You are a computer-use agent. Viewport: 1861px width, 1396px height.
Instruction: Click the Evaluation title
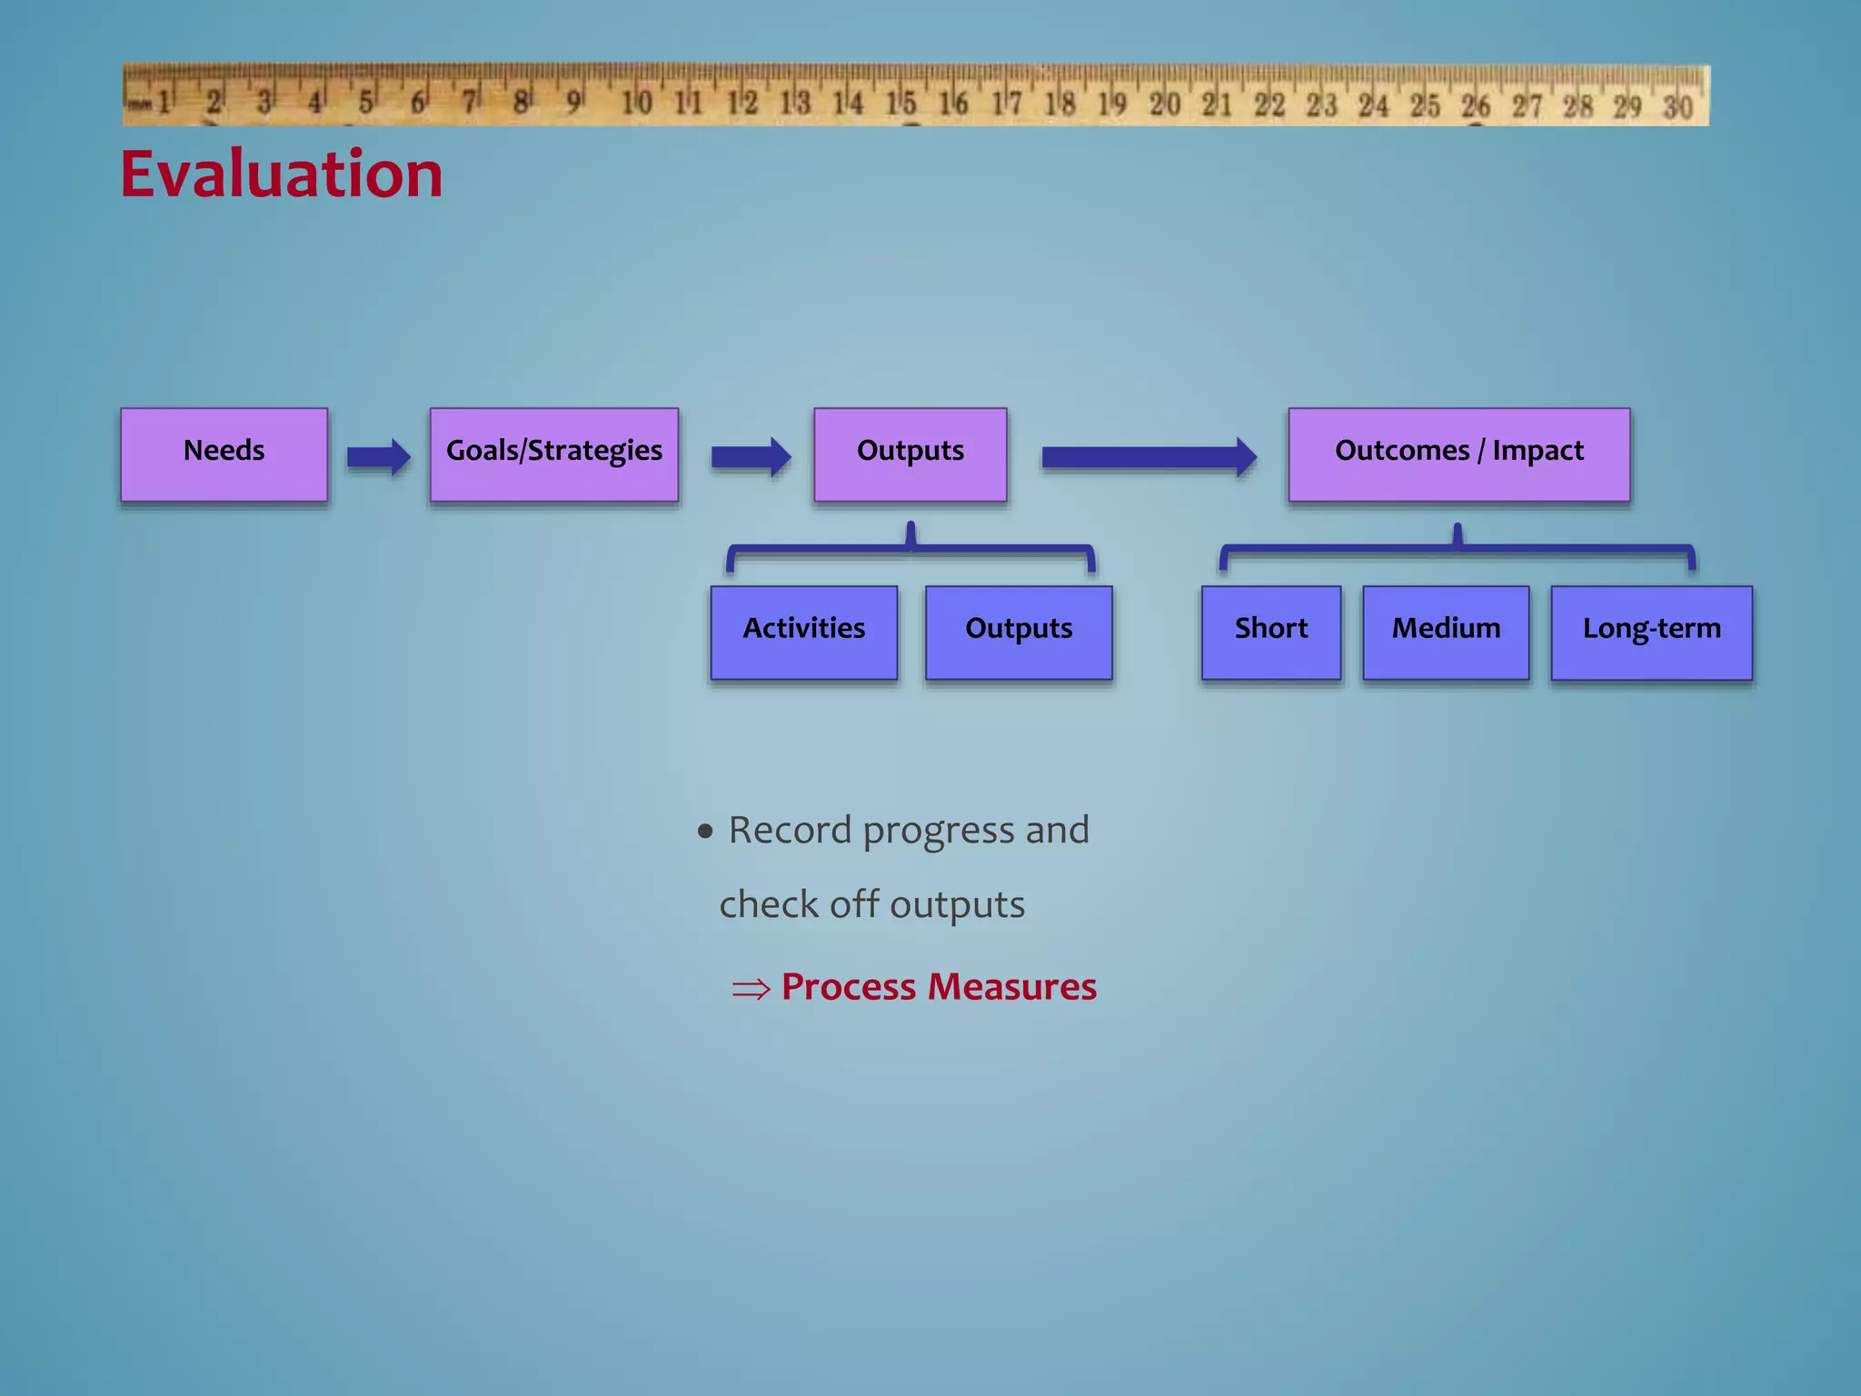point(282,174)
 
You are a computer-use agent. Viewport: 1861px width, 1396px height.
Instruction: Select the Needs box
point(224,454)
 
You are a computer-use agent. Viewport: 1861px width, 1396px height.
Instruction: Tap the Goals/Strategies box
point(554,454)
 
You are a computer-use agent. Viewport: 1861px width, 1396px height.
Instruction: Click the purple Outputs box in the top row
point(910,454)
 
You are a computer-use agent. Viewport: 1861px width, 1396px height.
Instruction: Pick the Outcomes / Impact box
point(1458,454)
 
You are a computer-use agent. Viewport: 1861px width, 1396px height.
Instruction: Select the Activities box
point(804,633)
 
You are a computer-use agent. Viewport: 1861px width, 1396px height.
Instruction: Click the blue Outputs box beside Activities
point(1019,633)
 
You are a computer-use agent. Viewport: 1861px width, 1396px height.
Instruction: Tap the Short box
point(1270,633)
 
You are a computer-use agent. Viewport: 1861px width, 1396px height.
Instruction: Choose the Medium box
point(1446,633)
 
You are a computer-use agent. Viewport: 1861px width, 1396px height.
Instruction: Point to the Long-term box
point(1651,633)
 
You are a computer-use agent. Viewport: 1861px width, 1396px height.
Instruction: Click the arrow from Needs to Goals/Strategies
point(378,457)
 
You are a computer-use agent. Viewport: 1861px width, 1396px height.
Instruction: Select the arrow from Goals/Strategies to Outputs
point(751,457)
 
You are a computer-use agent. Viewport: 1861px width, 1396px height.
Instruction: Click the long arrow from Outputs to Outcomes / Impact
point(1149,457)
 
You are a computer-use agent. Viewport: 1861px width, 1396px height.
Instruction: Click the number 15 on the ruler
point(901,103)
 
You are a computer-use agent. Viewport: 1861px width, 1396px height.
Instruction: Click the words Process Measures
point(939,987)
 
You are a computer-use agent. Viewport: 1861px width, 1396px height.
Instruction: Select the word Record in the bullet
point(790,830)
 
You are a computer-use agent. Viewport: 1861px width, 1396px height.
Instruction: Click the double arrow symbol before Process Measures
point(751,989)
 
